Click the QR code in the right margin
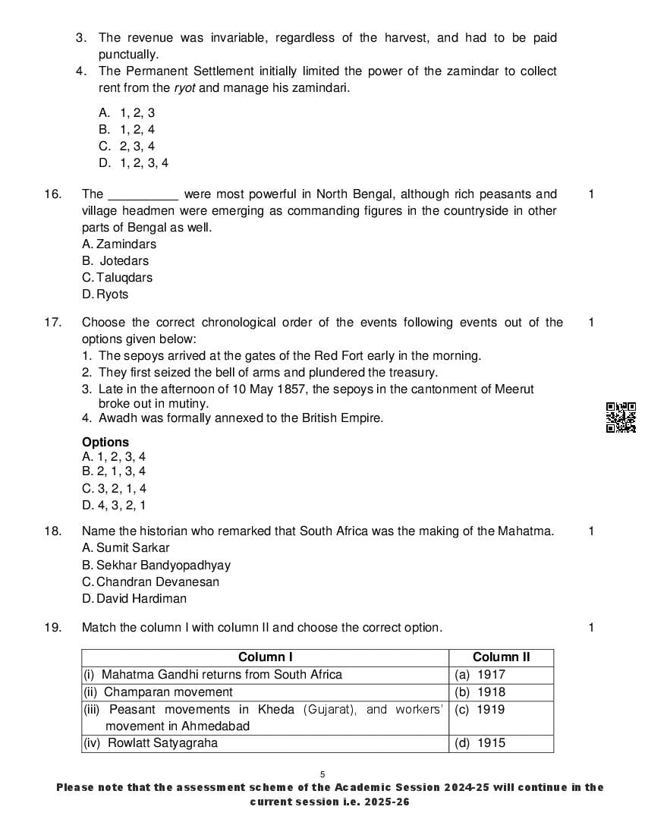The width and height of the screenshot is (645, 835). point(621,417)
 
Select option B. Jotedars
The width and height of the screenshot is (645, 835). point(115,261)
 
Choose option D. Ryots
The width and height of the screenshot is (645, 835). point(105,295)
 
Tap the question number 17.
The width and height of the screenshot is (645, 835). point(52,323)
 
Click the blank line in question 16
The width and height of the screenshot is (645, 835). point(144,195)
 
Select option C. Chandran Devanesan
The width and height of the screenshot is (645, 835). point(150,582)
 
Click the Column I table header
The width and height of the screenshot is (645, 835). point(265,657)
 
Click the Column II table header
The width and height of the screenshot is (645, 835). point(501,657)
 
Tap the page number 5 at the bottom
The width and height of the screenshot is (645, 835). point(322,774)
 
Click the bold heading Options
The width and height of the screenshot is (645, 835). point(105,443)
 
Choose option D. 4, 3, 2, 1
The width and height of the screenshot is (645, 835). point(114,506)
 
